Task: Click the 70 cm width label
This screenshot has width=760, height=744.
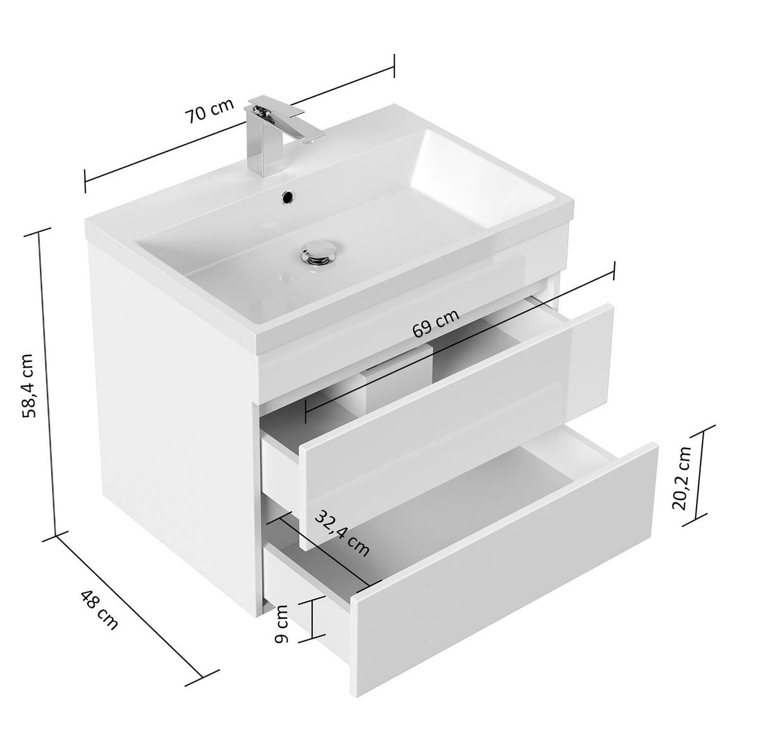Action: tap(210, 110)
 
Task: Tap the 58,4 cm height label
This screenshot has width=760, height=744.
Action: tap(30, 386)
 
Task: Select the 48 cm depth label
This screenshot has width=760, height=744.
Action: tap(99, 610)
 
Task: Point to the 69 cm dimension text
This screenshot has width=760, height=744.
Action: tap(436, 324)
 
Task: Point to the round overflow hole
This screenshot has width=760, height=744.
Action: tap(288, 196)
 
